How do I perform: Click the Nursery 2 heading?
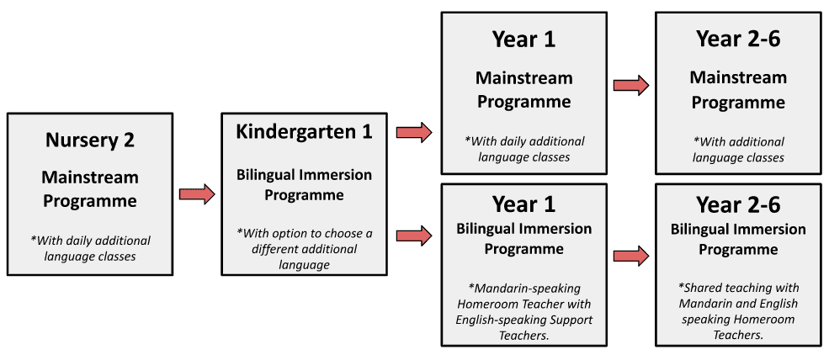tap(90, 140)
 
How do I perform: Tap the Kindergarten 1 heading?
tap(304, 131)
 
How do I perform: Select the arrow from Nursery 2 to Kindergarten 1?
tap(197, 194)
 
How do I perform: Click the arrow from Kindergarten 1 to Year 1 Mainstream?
tap(414, 132)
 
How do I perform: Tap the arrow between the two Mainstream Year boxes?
tap(631, 85)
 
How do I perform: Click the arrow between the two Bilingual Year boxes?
tap(631, 256)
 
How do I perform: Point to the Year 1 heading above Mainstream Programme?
tap(524, 40)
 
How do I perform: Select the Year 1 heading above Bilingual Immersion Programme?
tap(524, 204)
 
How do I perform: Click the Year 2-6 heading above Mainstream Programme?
tap(738, 40)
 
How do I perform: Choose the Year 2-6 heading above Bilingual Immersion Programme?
tap(738, 204)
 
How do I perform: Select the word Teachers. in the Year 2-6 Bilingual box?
tap(738, 335)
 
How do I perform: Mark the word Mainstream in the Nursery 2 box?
tap(90, 177)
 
